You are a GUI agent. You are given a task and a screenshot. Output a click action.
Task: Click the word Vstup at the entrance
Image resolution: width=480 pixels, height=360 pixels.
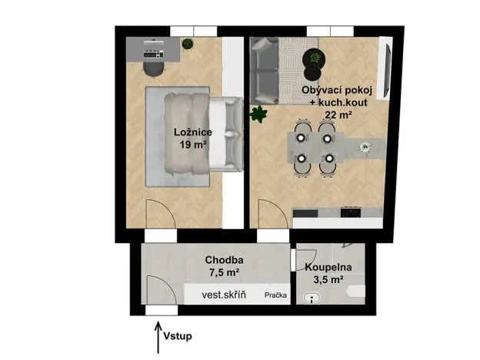tap(177, 336)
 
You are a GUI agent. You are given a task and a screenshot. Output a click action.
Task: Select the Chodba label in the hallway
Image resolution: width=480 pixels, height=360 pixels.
tap(225, 260)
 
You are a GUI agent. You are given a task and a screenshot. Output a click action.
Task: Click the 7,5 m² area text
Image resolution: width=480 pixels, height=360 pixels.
tap(224, 272)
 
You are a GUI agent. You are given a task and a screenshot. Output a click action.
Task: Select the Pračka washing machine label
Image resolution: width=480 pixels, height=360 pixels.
tap(275, 295)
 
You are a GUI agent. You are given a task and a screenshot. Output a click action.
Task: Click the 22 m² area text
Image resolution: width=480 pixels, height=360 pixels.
tap(338, 115)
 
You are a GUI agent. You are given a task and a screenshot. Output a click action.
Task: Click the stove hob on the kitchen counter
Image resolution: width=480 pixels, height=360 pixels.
tap(351, 211)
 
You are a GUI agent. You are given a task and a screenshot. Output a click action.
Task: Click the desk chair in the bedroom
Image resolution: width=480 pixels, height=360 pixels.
tap(152, 68)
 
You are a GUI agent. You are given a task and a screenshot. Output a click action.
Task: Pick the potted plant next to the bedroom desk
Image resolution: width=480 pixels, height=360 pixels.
tap(188, 45)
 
